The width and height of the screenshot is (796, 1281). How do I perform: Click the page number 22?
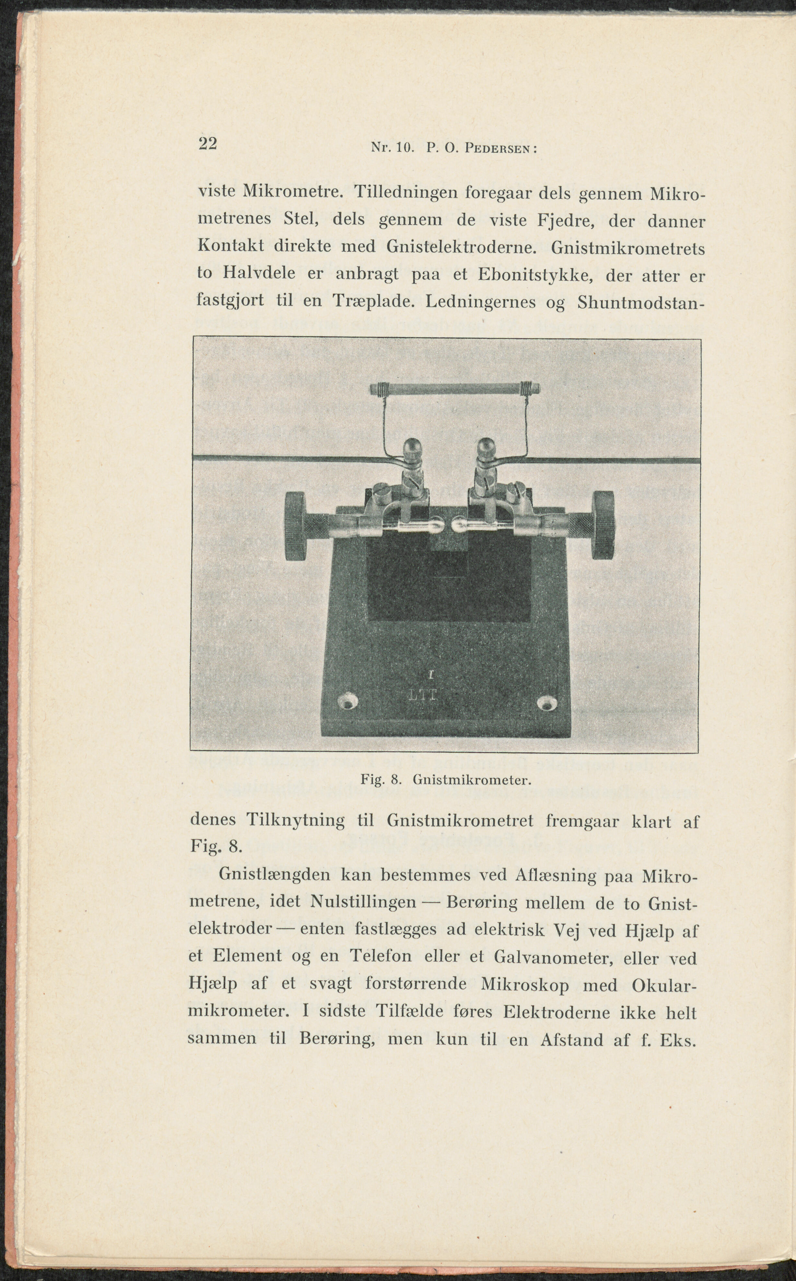[208, 143]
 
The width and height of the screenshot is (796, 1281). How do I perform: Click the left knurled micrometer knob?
[298, 526]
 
